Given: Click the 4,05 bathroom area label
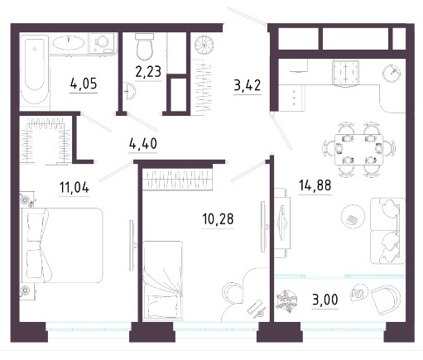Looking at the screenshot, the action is [x=84, y=84].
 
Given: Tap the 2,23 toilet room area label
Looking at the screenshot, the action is [x=148, y=72].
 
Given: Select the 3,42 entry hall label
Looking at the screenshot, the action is [x=248, y=85].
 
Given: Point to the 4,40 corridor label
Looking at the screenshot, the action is [x=143, y=143].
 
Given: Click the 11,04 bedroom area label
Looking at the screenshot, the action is [x=75, y=188].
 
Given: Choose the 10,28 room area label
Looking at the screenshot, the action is [x=218, y=219].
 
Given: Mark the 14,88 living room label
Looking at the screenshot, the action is [x=315, y=185].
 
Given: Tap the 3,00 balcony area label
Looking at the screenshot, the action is [x=325, y=300].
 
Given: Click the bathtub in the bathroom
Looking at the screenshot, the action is [x=35, y=71].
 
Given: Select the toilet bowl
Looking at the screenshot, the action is [x=144, y=47].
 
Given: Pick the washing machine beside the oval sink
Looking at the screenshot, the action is [x=102, y=43].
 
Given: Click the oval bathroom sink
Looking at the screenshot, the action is [x=69, y=43].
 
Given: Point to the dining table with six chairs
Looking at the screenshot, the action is [x=358, y=149].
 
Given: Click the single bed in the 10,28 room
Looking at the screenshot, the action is [x=163, y=280].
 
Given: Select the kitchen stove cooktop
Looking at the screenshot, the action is [x=346, y=73].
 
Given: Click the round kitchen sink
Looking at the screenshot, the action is [x=392, y=73].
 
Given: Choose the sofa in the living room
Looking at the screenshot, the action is [x=387, y=231].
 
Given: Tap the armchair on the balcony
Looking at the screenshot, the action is [x=386, y=299].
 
